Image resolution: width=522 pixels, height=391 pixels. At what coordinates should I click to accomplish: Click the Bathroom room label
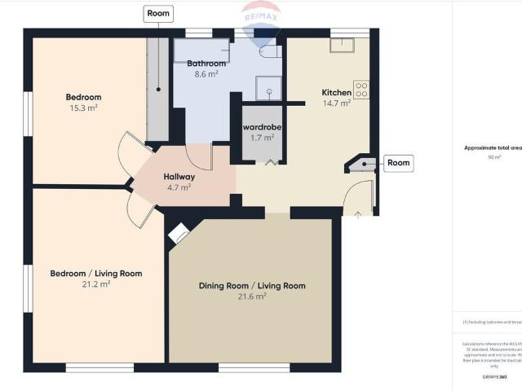(206, 64)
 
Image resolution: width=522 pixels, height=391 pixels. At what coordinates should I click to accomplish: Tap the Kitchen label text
(336, 93)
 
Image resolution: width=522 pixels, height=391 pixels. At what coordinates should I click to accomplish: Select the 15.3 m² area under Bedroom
(82, 108)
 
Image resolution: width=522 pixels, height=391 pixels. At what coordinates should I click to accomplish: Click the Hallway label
(179, 177)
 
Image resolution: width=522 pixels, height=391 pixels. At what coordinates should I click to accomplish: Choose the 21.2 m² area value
(97, 284)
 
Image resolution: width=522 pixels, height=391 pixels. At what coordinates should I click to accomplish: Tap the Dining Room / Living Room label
(252, 286)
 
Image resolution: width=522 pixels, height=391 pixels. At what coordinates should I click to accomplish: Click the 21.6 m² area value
(252, 297)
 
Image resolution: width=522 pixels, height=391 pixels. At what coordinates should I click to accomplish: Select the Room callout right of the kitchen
(398, 163)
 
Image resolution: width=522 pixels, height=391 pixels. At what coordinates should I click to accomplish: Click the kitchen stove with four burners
(361, 89)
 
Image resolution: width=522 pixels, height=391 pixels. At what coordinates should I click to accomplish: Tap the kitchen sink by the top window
(342, 45)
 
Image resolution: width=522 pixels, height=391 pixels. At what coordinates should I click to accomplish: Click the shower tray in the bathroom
(268, 87)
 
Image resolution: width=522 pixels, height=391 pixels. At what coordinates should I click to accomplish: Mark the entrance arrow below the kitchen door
(359, 213)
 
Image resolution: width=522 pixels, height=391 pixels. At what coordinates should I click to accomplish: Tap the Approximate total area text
(493, 147)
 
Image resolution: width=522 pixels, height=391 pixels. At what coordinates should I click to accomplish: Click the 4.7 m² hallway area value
(179, 187)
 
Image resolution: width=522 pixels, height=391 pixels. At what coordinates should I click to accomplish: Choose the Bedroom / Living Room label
(96, 274)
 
